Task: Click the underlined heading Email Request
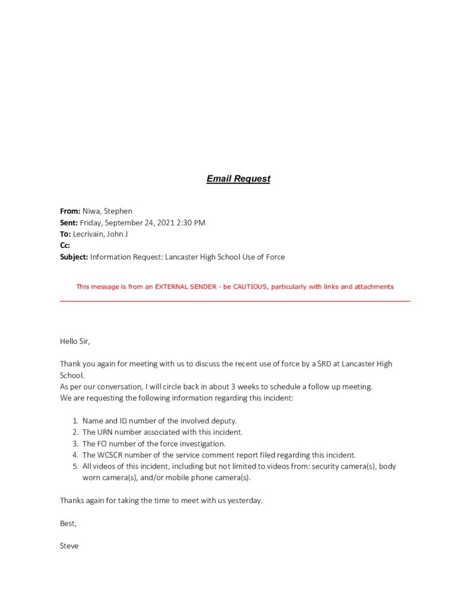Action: (x=238, y=178)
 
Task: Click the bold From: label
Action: (x=70, y=211)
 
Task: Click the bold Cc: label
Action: (x=65, y=245)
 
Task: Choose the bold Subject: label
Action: (x=74, y=257)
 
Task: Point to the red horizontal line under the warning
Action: (x=235, y=301)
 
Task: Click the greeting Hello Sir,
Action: (x=75, y=341)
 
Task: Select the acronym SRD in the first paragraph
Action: (x=321, y=364)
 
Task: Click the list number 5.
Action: (x=75, y=466)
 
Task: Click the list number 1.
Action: (x=75, y=420)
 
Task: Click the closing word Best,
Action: (x=68, y=523)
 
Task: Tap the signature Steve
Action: (x=69, y=545)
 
